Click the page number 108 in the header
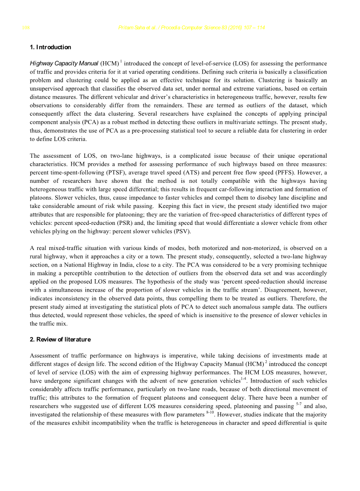click(26, 28)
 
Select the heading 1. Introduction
click(50, 47)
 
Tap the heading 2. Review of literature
click(60, 340)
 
